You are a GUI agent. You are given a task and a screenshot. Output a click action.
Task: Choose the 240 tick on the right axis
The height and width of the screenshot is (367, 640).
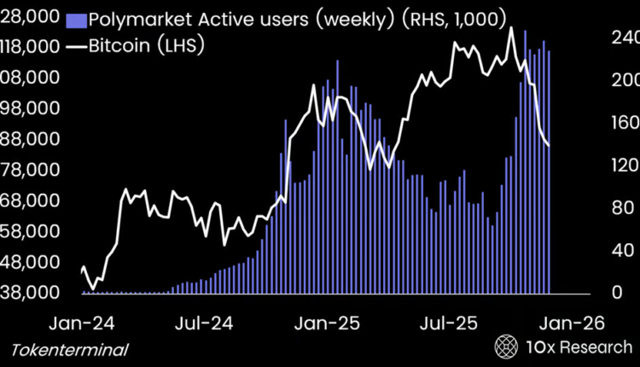625,37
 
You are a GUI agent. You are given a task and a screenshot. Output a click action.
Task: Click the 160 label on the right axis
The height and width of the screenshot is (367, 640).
625,122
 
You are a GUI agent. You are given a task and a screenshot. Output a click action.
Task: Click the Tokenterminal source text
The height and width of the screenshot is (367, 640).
70,350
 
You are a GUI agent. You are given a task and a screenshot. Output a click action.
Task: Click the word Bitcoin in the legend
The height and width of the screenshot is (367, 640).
122,45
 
